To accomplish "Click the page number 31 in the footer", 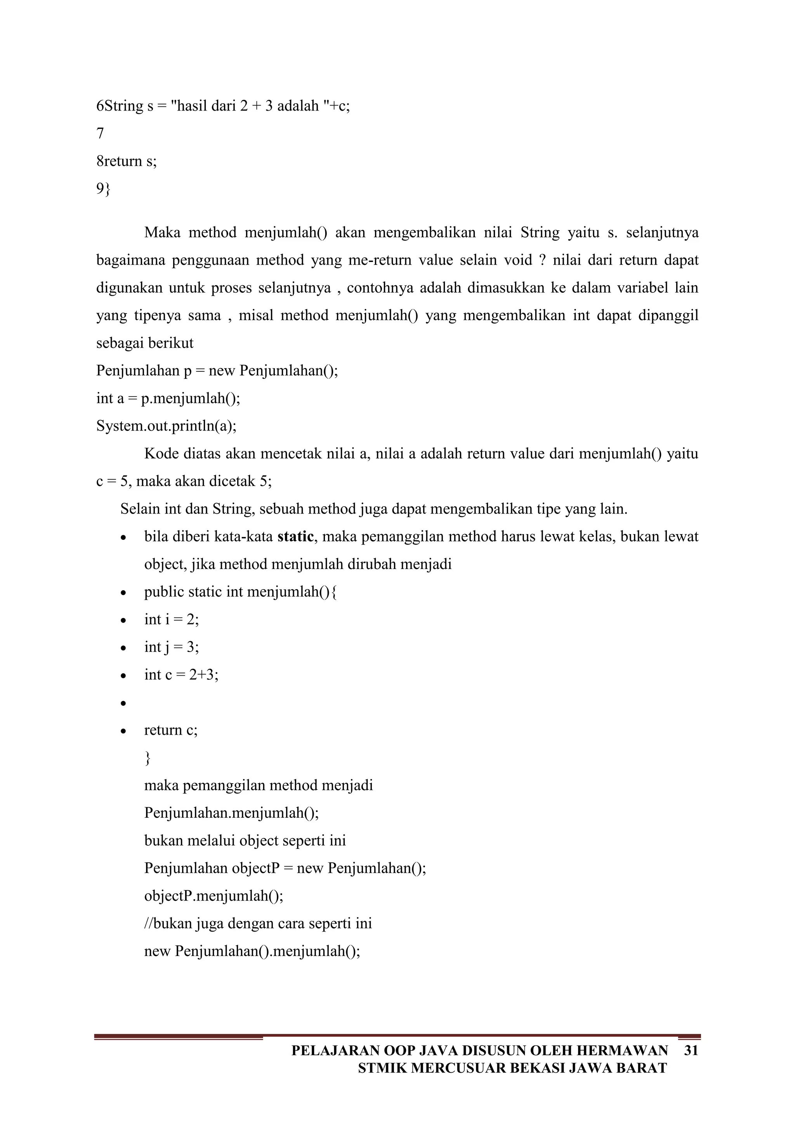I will click(691, 1051).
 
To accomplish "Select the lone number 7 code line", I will click(101, 133).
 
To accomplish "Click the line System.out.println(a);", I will click(166, 426).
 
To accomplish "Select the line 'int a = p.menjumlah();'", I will click(168, 399).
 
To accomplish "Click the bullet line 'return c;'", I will click(171, 730).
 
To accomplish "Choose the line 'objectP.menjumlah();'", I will click(214, 896).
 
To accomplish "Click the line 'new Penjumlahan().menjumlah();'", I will click(252, 951).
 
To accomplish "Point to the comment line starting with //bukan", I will click(258, 924).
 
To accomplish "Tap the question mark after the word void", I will click(542, 260).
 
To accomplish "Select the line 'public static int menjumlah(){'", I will click(240, 592).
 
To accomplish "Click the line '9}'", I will click(103, 189).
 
